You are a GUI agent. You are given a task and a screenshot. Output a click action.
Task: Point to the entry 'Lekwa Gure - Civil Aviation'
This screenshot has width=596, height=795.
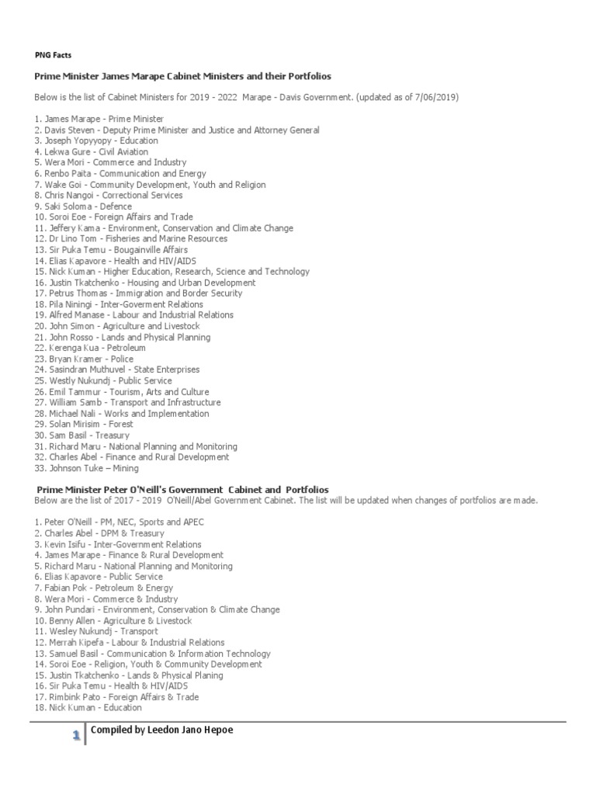coord(91,152)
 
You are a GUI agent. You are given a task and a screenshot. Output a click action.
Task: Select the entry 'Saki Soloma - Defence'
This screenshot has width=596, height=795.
coord(83,207)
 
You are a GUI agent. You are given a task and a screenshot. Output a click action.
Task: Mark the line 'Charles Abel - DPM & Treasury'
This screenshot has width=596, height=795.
coord(99,533)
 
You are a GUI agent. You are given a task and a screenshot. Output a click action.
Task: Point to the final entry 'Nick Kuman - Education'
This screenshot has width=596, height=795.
coord(88,708)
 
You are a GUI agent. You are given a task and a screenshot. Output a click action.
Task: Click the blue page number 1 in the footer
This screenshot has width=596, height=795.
coord(76,734)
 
